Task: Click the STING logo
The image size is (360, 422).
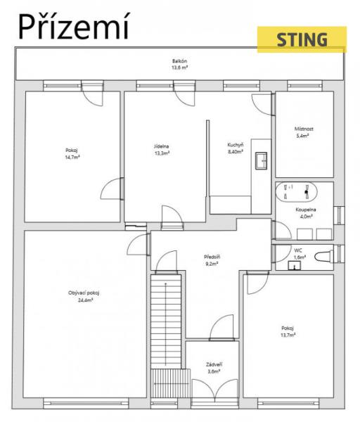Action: (302, 39)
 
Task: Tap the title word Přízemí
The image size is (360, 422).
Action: (74, 27)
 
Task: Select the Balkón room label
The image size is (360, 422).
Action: (180, 61)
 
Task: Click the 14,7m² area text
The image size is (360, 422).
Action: (72, 158)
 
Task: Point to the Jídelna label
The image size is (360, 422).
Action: (162, 146)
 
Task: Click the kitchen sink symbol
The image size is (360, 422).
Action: (261, 160)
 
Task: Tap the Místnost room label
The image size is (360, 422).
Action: (304, 129)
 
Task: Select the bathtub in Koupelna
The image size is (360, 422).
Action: (296, 191)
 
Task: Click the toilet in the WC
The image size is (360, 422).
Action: (324, 257)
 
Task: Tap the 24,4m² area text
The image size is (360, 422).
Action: (86, 300)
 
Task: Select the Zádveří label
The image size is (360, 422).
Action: (214, 364)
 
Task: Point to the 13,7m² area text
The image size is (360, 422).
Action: (288, 335)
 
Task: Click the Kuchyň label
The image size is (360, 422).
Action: (236, 145)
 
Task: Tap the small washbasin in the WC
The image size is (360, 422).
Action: (295, 265)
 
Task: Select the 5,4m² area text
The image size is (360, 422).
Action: (302, 136)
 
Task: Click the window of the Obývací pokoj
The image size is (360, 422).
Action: (86, 404)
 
